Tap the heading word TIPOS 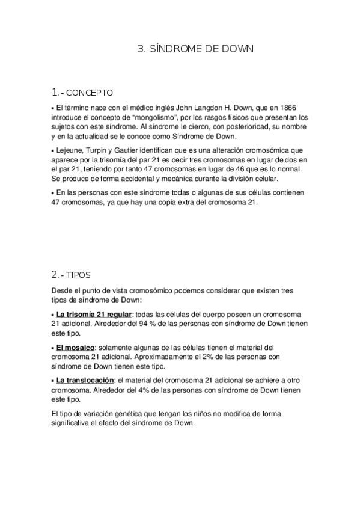pyautogui.click(x=78, y=275)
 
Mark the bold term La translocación pyautogui.click(x=85, y=381)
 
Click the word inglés pyautogui.click(x=147, y=107)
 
